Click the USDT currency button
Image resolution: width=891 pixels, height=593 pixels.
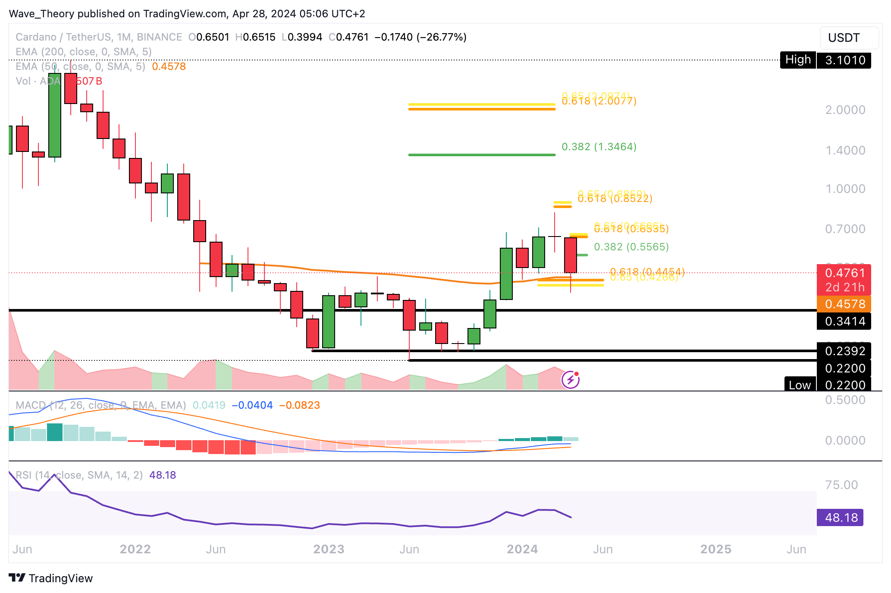pyautogui.click(x=848, y=38)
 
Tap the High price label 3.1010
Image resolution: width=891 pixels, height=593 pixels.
pyautogui.click(x=844, y=60)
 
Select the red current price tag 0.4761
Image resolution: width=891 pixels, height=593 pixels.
pyautogui.click(x=844, y=273)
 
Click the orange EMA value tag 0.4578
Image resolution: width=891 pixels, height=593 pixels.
pyautogui.click(x=844, y=304)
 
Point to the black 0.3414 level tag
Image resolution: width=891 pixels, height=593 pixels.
pyautogui.click(x=844, y=321)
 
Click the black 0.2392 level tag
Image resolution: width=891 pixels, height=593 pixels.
pyautogui.click(x=844, y=351)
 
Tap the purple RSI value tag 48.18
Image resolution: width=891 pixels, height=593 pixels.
pyautogui.click(x=840, y=517)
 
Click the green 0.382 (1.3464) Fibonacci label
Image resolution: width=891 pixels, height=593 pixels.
pyautogui.click(x=599, y=147)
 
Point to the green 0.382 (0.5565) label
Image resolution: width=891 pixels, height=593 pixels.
pyautogui.click(x=631, y=247)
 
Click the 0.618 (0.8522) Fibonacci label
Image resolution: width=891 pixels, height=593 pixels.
pyautogui.click(x=615, y=199)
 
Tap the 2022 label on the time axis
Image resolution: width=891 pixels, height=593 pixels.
pyautogui.click(x=135, y=549)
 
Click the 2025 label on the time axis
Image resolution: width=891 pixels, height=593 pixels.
pyautogui.click(x=715, y=549)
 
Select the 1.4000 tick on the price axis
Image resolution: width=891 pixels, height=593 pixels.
pyautogui.click(x=845, y=151)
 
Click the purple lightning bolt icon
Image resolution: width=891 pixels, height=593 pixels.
pyautogui.click(x=570, y=380)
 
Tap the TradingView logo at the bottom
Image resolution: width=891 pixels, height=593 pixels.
pyautogui.click(x=51, y=578)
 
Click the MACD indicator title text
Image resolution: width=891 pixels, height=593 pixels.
pyautogui.click(x=100, y=405)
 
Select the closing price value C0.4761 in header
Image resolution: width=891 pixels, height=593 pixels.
pyautogui.click(x=348, y=37)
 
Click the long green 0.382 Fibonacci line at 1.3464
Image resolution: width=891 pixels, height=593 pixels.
pyautogui.click(x=481, y=155)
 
